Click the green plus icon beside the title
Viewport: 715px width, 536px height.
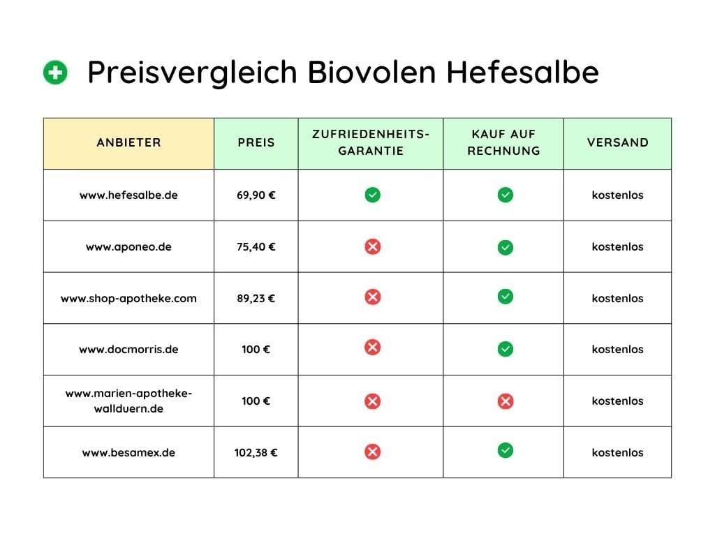(55, 73)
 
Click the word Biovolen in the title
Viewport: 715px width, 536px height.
(371, 72)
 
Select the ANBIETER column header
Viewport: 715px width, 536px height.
(128, 142)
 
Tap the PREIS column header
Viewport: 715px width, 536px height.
(256, 142)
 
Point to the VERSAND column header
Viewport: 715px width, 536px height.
(617, 142)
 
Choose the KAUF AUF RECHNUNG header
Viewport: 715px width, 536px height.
(503, 142)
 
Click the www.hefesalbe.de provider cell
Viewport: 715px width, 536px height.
(128, 195)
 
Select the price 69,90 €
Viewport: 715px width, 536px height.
(256, 195)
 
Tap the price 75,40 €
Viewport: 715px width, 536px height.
(256, 246)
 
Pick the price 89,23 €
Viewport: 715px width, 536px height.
(256, 298)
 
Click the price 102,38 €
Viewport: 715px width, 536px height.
(256, 452)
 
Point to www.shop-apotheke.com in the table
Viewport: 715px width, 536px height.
(128, 299)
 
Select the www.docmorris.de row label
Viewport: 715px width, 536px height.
(128, 350)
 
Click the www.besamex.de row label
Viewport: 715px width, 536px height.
(128, 452)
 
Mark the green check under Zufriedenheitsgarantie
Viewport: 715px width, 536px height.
(373, 195)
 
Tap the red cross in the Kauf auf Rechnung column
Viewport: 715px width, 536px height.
(506, 401)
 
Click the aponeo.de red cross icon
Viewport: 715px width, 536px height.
(373, 246)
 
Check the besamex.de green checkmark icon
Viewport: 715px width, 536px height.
(506, 451)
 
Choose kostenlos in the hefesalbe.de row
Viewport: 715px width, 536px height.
(617, 195)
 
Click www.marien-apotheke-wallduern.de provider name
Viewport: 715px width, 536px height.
(128, 401)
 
